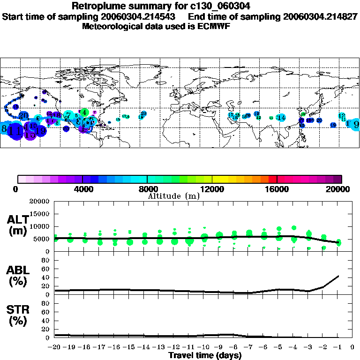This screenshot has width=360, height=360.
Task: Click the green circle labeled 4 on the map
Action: pos(84,112)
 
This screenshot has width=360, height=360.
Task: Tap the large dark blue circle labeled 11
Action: pos(16,130)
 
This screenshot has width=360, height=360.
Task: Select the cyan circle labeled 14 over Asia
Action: pos(281,118)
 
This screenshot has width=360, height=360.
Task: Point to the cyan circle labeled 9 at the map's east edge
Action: pos(356,124)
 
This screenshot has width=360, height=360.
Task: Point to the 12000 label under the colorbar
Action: pos(212,189)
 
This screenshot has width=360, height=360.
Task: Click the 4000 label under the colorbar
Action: pos(82,189)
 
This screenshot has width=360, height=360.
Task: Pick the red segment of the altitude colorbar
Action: pos(272,179)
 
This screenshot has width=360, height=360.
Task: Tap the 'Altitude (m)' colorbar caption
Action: pos(173,196)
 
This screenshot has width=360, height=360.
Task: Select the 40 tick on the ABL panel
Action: pos(46,277)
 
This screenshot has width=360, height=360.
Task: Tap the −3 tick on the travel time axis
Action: pos(308,347)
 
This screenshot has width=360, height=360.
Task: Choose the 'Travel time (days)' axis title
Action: pos(205,355)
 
